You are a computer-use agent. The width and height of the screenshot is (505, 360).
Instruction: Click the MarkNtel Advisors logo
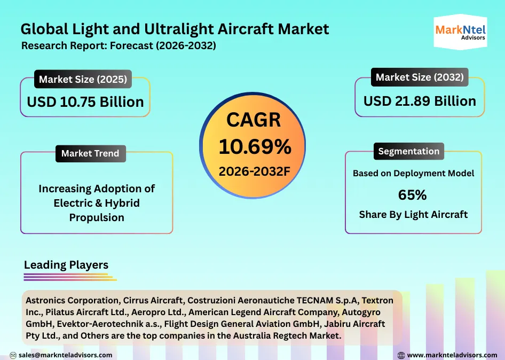(460, 33)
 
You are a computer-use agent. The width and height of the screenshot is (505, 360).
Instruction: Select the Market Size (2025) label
(83, 80)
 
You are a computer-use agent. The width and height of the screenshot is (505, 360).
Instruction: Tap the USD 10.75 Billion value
(85, 101)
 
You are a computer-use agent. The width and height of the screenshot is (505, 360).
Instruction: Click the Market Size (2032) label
(420, 77)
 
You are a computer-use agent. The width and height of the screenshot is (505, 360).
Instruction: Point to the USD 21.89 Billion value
(420, 101)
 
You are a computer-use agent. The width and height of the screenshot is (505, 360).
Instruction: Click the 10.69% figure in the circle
(255, 146)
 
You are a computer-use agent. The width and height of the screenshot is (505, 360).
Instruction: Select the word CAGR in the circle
(254, 120)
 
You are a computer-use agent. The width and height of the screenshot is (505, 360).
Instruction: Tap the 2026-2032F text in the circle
(254, 171)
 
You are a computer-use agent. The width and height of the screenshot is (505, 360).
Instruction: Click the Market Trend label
(90, 153)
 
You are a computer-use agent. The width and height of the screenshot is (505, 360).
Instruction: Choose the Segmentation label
(409, 151)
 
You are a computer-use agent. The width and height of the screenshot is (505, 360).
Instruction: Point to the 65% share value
(413, 195)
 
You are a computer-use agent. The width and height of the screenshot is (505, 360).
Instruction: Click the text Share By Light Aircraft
(413, 215)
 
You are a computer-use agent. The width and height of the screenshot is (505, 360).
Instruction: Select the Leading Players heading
(66, 265)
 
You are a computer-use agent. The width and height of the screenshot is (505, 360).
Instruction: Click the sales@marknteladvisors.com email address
(65, 355)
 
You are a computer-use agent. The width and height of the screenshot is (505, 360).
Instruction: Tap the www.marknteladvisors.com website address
(452, 355)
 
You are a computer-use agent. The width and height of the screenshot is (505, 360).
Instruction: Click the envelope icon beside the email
(12, 355)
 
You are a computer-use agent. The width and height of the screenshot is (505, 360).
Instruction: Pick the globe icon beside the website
(401, 355)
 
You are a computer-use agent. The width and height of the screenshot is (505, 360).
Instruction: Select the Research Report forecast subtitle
(119, 46)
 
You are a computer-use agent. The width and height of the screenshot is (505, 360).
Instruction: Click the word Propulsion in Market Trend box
(97, 217)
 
